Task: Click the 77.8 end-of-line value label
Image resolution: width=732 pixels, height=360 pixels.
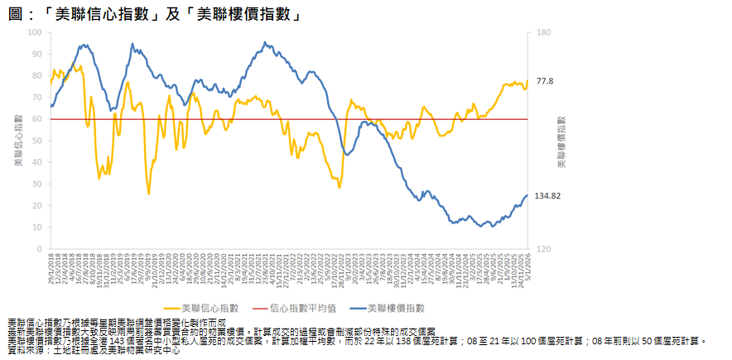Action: tap(544, 80)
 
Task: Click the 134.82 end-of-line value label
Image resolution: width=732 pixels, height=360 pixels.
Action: tap(550, 196)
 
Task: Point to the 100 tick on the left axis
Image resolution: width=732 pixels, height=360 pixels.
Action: tap(34, 32)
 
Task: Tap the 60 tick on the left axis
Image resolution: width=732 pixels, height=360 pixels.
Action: tap(36, 119)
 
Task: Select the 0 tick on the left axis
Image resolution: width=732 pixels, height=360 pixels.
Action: tap(39, 249)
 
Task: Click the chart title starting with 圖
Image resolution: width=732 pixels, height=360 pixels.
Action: tap(153, 14)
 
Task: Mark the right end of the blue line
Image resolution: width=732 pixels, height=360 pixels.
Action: tap(527, 195)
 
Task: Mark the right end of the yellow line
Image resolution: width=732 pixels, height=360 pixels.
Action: tap(527, 81)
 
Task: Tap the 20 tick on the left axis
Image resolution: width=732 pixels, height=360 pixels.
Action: tap(36, 206)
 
